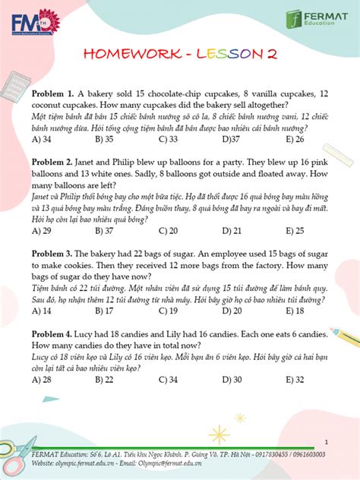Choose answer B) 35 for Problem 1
pos(104,139)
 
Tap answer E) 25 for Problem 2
pos(295,230)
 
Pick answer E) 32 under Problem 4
pos(295,379)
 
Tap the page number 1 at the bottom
pos(325,441)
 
